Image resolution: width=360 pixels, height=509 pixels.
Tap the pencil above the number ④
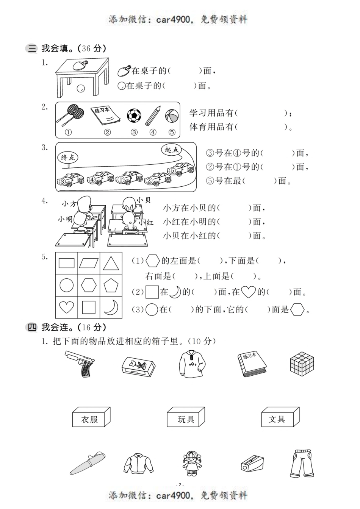[153, 116]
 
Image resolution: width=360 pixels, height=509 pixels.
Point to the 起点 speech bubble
[172, 150]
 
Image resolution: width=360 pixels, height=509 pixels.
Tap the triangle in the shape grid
[111, 263]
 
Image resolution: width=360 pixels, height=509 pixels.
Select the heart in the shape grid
[66, 307]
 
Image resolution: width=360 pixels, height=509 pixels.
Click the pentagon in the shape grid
[111, 285]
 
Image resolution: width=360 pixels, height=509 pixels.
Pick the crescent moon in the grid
[111, 307]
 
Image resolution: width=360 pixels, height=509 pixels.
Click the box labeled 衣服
[91, 417]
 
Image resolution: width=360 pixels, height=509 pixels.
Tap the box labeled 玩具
[186, 417]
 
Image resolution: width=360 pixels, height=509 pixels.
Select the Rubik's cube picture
[302, 363]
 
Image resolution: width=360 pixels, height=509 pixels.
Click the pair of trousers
[302, 463]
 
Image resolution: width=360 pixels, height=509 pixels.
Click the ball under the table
[81, 89]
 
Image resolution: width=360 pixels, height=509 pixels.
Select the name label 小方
[69, 204]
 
